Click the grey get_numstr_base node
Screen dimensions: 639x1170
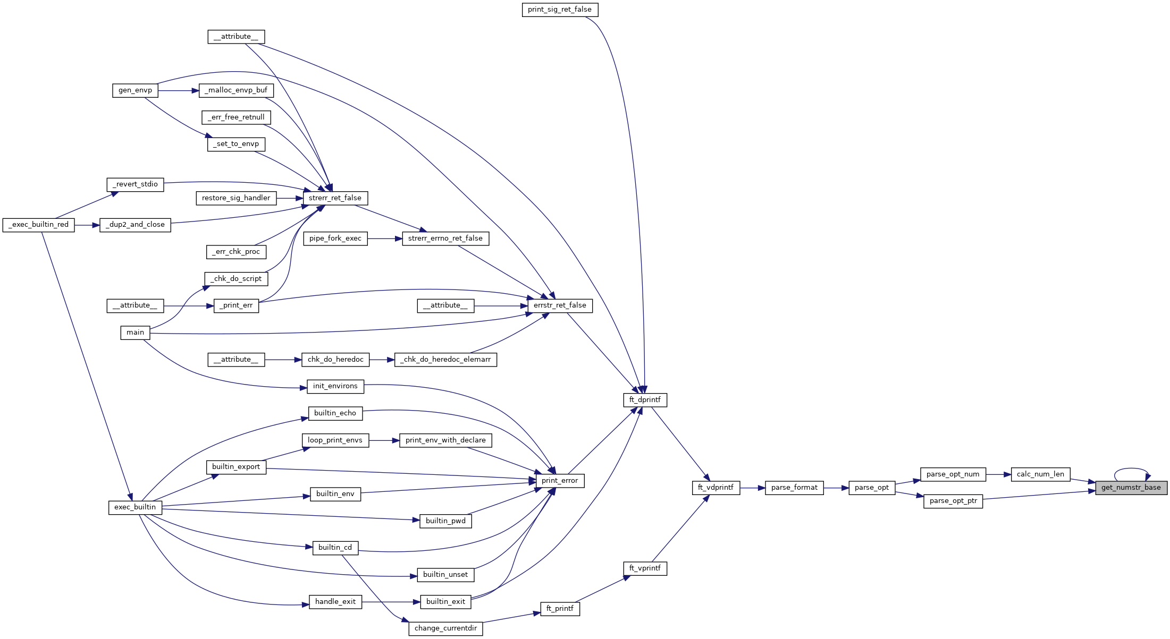(x=1131, y=488)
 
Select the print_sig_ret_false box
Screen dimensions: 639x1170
(x=560, y=10)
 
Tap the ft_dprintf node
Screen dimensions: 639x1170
(x=645, y=400)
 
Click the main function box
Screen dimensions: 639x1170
(x=135, y=333)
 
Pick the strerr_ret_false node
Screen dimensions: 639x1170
(x=335, y=198)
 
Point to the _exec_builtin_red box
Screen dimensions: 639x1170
(x=39, y=225)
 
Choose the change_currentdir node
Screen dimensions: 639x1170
(x=445, y=628)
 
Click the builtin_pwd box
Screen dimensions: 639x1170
(x=445, y=521)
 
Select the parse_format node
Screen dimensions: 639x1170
(x=794, y=488)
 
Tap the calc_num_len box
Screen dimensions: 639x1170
(x=1040, y=474)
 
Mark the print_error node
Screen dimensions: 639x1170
(x=560, y=481)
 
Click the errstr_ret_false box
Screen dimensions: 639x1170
(x=560, y=305)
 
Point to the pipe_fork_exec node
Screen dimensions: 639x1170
(x=335, y=238)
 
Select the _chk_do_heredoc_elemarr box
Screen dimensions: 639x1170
(x=445, y=360)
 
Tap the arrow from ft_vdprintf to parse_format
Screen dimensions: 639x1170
(x=752, y=488)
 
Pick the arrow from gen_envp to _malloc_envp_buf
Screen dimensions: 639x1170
(x=178, y=91)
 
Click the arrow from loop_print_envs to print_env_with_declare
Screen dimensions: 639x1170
(x=384, y=440)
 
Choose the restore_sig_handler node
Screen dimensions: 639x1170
(x=236, y=198)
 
